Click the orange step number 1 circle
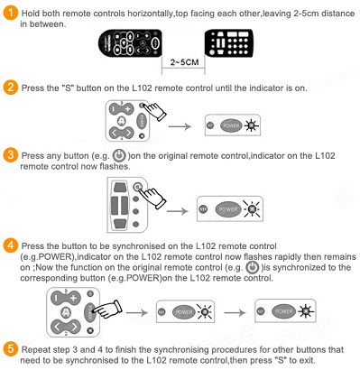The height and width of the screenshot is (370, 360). pyautogui.click(x=11, y=14)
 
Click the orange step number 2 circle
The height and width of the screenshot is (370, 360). pyautogui.click(x=11, y=88)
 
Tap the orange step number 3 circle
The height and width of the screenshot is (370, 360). pyautogui.click(x=11, y=155)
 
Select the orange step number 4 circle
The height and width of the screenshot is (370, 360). pyautogui.click(x=11, y=245)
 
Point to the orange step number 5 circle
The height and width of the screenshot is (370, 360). pyautogui.click(x=11, y=349)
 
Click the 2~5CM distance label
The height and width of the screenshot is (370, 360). pyautogui.click(x=184, y=62)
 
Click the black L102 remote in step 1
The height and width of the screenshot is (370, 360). pyautogui.click(x=130, y=42)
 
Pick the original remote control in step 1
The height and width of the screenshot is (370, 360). pyautogui.click(x=228, y=43)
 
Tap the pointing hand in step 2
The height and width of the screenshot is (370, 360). pyautogui.click(x=154, y=111)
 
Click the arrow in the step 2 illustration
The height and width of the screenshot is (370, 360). pyautogui.click(x=180, y=126)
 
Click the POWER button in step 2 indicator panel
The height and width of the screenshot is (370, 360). pyautogui.click(x=231, y=125)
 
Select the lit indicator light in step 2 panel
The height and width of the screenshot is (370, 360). pyautogui.click(x=251, y=125)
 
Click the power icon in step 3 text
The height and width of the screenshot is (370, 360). pyautogui.click(x=119, y=155)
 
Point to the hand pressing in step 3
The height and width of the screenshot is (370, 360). pyautogui.click(x=152, y=197)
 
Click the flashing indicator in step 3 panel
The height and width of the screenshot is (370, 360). pyautogui.click(x=252, y=208)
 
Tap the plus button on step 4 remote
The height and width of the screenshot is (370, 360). pyautogui.click(x=73, y=298)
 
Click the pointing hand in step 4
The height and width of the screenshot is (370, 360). pyautogui.click(x=108, y=310)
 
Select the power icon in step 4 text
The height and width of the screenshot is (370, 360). pyautogui.click(x=252, y=267)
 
